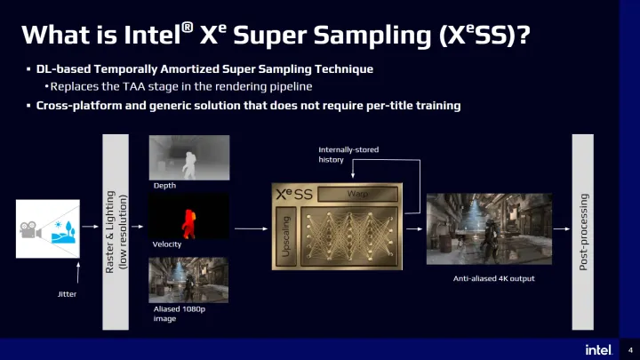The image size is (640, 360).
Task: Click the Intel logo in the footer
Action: [x=597, y=348]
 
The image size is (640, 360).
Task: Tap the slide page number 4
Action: [x=629, y=348]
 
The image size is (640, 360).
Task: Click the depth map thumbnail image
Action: [x=188, y=156]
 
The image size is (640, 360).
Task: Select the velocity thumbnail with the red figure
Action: [x=188, y=216]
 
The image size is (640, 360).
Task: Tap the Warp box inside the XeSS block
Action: [x=357, y=194]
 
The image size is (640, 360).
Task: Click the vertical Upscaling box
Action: [x=285, y=236]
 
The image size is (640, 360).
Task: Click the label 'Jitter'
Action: [x=67, y=293]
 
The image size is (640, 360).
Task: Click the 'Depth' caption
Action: [x=165, y=186]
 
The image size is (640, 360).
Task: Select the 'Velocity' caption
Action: [x=168, y=244]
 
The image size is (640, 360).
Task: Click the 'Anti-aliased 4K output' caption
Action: [x=494, y=278]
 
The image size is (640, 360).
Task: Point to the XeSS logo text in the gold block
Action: [x=293, y=194]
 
